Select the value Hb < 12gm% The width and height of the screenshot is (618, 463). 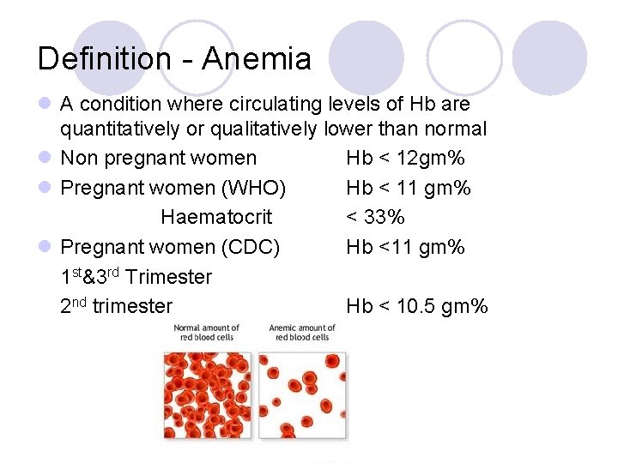click(405, 158)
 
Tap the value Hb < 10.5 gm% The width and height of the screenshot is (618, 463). click(416, 306)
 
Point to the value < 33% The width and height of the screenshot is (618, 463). click(375, 217)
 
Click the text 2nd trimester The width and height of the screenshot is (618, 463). click(116, 306)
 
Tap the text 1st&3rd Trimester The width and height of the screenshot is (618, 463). click(136, 277)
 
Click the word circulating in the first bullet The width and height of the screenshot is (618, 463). click(273, 105)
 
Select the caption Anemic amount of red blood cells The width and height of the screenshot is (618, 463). click(302, 333)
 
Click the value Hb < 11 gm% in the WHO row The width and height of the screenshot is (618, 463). click(408, 188)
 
